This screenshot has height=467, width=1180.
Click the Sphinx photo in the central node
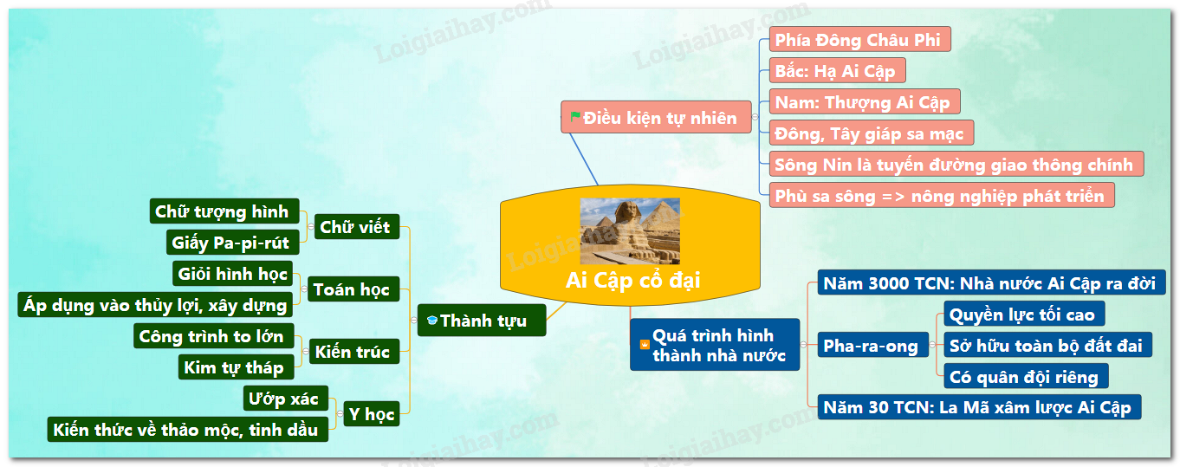(x=630, y=230)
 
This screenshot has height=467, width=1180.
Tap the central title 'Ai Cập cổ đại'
(x=632, y=281)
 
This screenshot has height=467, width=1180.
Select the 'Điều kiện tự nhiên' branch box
(x=656, y=117)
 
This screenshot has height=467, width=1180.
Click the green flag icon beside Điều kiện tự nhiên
(x=575, y=116)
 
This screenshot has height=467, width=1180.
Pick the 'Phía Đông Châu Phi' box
(x=859, y=40)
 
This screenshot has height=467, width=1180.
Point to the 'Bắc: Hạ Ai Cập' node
(x=837, y=71)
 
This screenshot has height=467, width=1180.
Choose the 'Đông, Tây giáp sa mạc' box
(x=872, y=133)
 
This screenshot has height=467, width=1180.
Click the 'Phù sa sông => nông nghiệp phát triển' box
(x=942, y=196)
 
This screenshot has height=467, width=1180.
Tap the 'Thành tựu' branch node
(x=482, y=320)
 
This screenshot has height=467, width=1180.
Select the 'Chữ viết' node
(x=357, y=227)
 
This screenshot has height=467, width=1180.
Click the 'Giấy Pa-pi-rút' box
(x=232, y=243)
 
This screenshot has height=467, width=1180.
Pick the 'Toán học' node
(x=353, y=289)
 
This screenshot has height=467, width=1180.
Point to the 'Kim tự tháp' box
(x=236, y=366)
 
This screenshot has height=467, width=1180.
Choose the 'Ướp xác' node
(x=286, y=398)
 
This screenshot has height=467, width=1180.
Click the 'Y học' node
(x=372, y=414)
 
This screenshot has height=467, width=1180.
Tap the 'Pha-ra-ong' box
(x=872, y=345)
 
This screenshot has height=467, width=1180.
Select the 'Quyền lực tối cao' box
(x=1023, y=314)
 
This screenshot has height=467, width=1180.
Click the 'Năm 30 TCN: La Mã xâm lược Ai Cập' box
(x=979, y=407)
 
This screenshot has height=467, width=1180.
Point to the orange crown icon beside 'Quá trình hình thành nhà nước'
(x=645, y=345)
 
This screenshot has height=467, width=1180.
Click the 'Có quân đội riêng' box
(x=1026, y=376)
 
